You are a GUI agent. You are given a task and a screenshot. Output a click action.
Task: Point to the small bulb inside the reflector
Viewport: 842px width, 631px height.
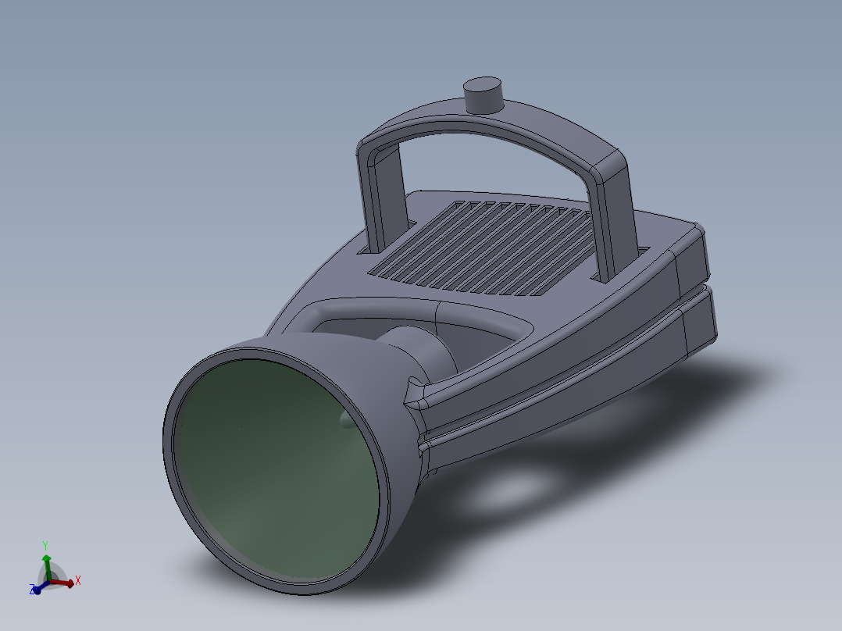(345, 420)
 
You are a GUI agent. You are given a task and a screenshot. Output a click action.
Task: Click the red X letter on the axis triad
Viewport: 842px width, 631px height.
(78, 580)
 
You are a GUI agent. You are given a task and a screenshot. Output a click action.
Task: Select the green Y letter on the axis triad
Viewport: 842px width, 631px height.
(46, 546)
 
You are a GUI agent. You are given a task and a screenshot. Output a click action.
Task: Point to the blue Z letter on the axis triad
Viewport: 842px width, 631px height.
(32, 590)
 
